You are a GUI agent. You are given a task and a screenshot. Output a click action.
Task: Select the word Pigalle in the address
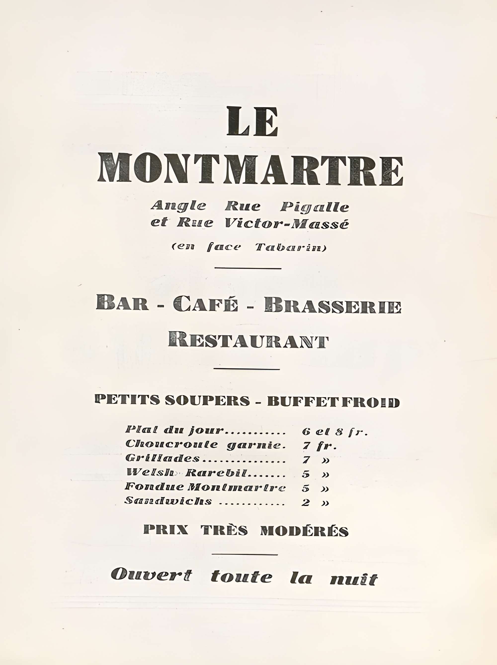click(x=314, y=207)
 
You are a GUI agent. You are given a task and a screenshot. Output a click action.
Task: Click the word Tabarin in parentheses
click(x=290, y=247)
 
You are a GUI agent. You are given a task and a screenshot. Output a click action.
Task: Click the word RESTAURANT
click(x=248, y=339)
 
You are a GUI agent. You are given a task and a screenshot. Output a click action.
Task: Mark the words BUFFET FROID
click(x=333, y=401)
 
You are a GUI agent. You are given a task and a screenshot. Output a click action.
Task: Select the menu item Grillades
click(x=163, y=458)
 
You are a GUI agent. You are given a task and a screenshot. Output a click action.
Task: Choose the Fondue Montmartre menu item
click(x=205, y=487)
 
